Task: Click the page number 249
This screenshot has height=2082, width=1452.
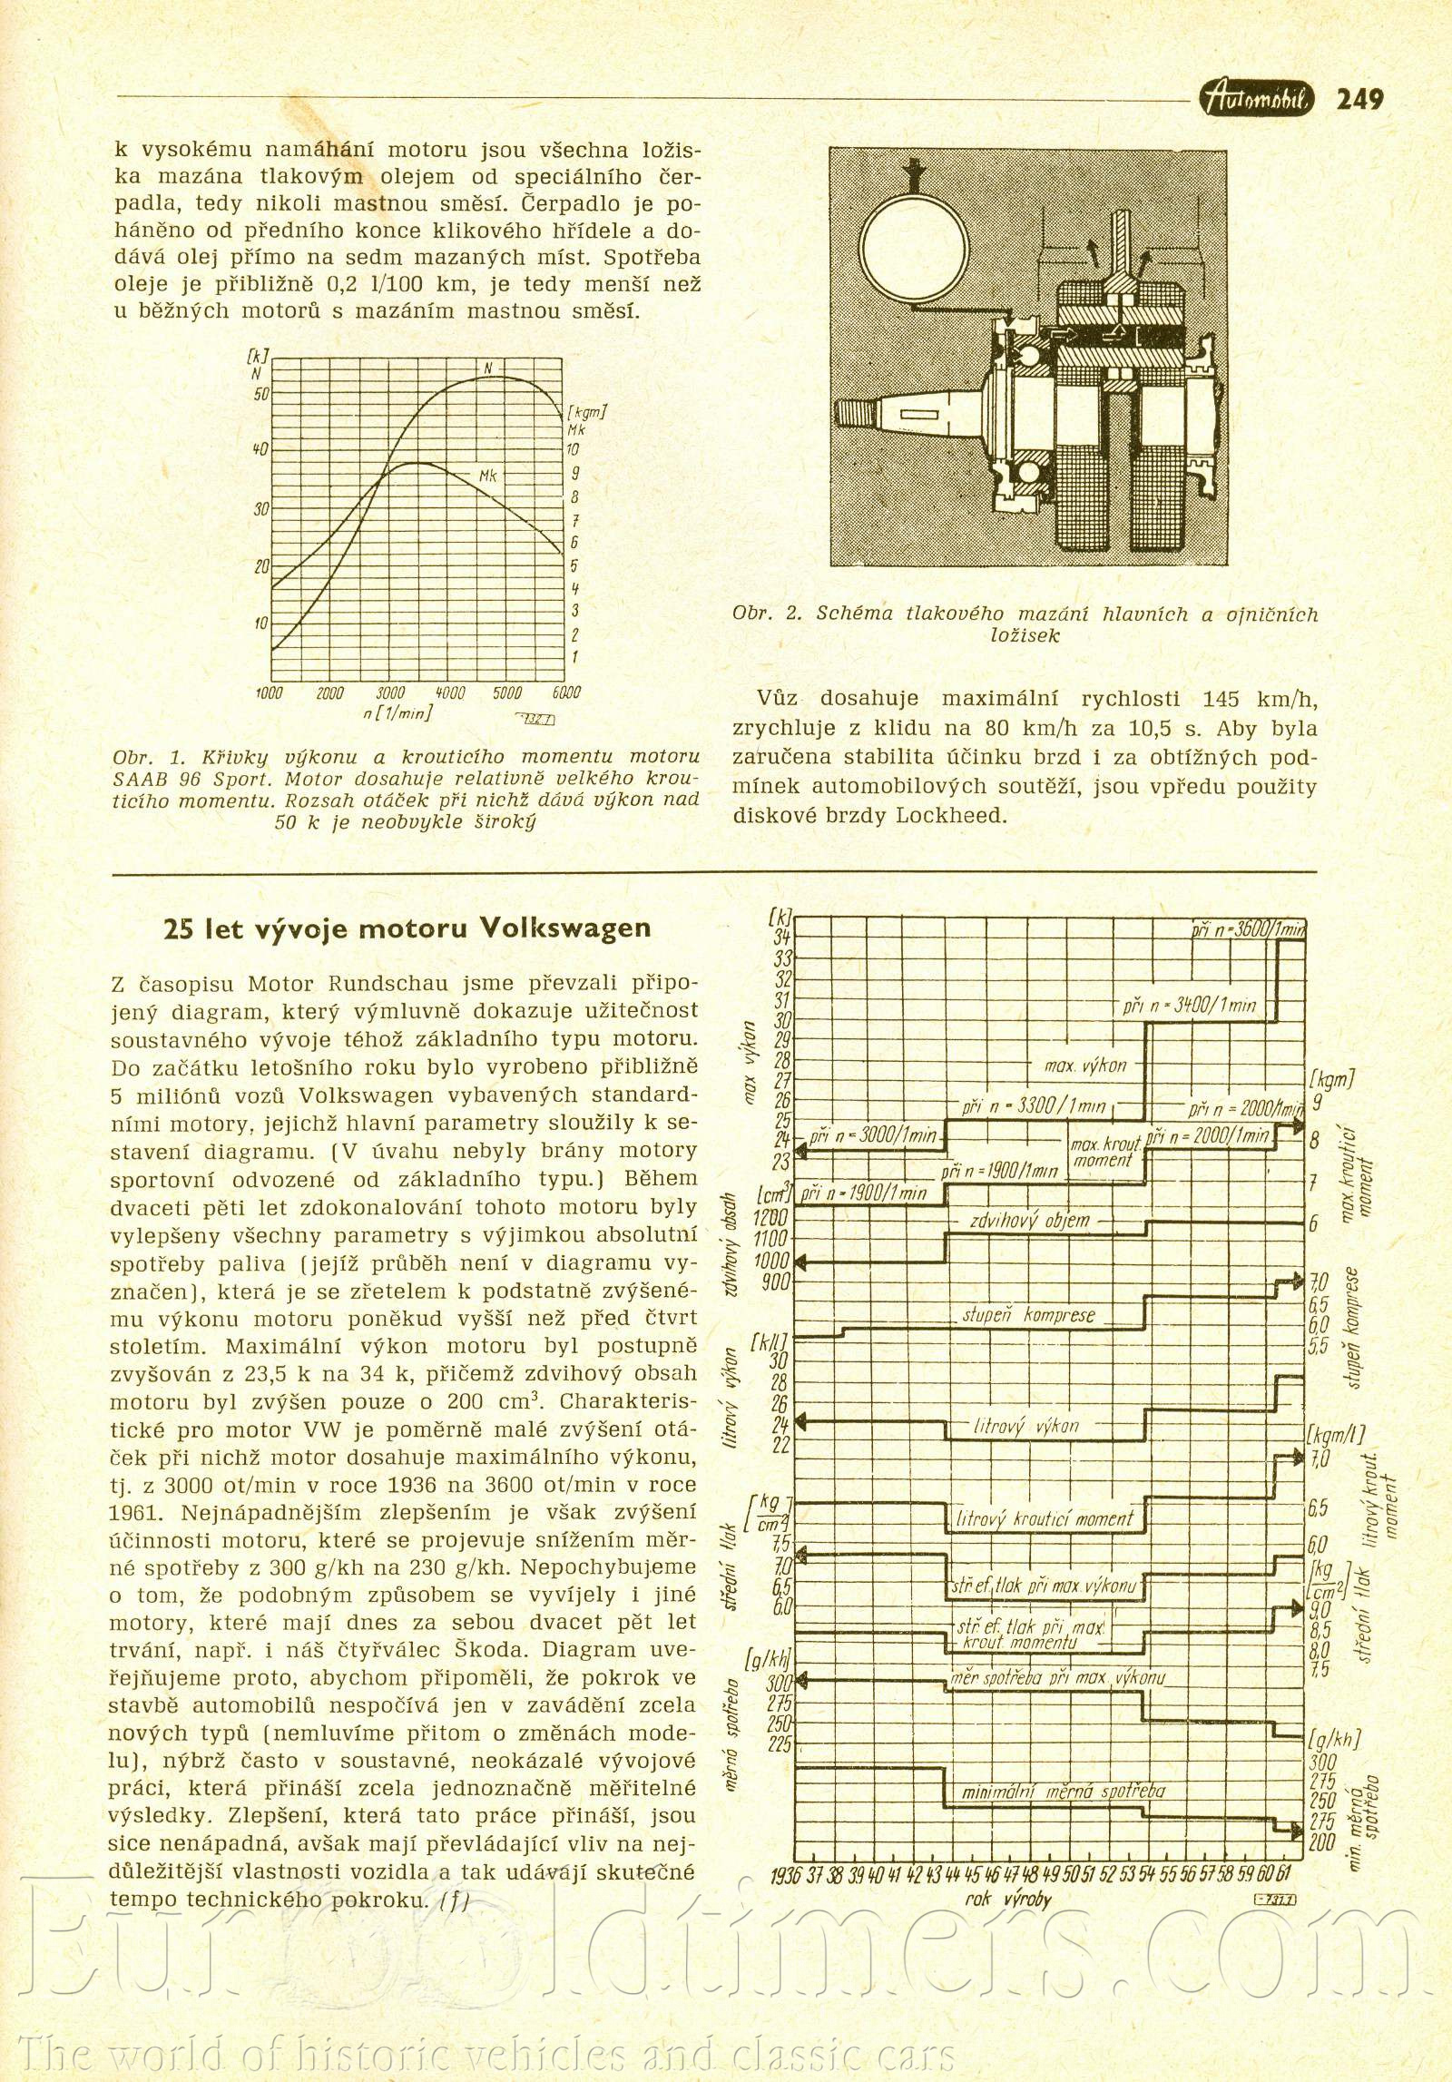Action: (x=1359, y=99)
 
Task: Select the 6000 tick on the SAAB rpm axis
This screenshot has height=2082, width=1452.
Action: (x=565, y=693)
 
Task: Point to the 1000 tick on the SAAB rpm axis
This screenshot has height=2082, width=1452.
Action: (x=270, y=693)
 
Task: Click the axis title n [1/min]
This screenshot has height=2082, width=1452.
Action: (x=397, y=713)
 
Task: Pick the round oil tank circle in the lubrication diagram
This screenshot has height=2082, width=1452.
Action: (x=916, y=248)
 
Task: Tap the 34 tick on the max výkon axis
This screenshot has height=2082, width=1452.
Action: (x=781, y=938)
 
